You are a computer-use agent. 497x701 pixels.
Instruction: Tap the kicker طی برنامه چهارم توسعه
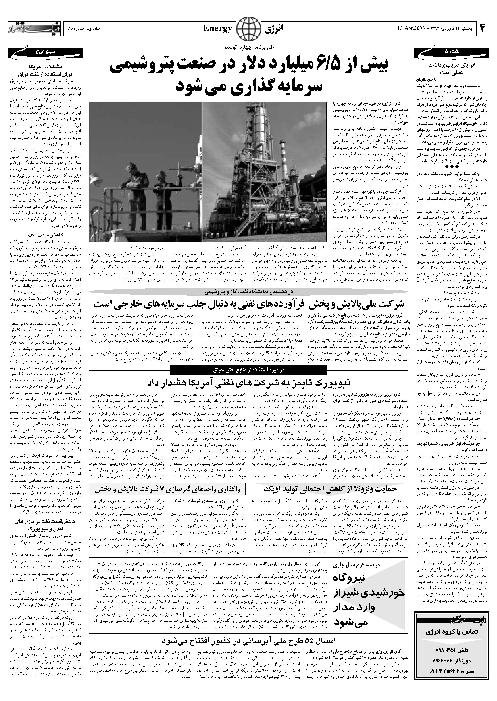pos(249,47)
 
